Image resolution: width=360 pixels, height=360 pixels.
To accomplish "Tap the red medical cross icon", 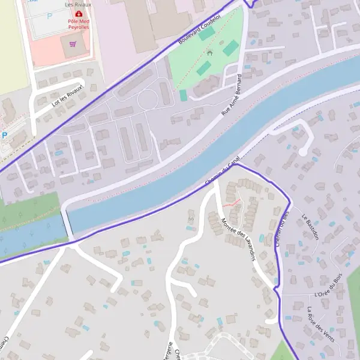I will [79, 13].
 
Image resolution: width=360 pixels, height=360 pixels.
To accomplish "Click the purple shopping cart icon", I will [73, 43].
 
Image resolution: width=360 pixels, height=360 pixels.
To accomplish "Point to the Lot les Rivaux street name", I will [67, 98].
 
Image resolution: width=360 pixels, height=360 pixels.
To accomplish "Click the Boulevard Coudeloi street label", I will [200, 30].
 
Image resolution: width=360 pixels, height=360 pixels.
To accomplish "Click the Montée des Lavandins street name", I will [239, 238].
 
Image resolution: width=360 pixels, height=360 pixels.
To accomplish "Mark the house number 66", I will [191, 219].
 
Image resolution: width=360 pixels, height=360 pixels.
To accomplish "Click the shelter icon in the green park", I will [209, 53].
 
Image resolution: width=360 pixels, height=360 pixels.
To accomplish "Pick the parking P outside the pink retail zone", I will [5, 136].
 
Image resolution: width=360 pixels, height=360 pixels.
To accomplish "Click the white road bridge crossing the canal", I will [68, 222].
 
